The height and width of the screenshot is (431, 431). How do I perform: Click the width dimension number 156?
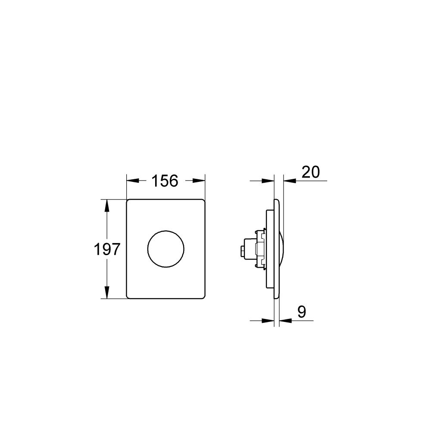coord(165,181)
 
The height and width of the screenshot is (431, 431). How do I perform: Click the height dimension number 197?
coord(106,249)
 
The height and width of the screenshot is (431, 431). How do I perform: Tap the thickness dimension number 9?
coord(301,312)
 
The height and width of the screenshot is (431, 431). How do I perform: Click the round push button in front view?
coord(166,249)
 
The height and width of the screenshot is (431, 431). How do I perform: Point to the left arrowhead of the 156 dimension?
coord(131,181)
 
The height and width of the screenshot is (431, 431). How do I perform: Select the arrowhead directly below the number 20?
coord(289,181)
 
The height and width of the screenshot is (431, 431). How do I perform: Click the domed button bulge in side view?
coord(281,249)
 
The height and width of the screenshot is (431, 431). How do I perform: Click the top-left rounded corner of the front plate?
coord(128,201)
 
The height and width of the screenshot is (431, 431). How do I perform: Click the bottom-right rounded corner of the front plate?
coord(203,297)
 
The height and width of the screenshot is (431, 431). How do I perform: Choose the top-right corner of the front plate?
coord(203,201)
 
